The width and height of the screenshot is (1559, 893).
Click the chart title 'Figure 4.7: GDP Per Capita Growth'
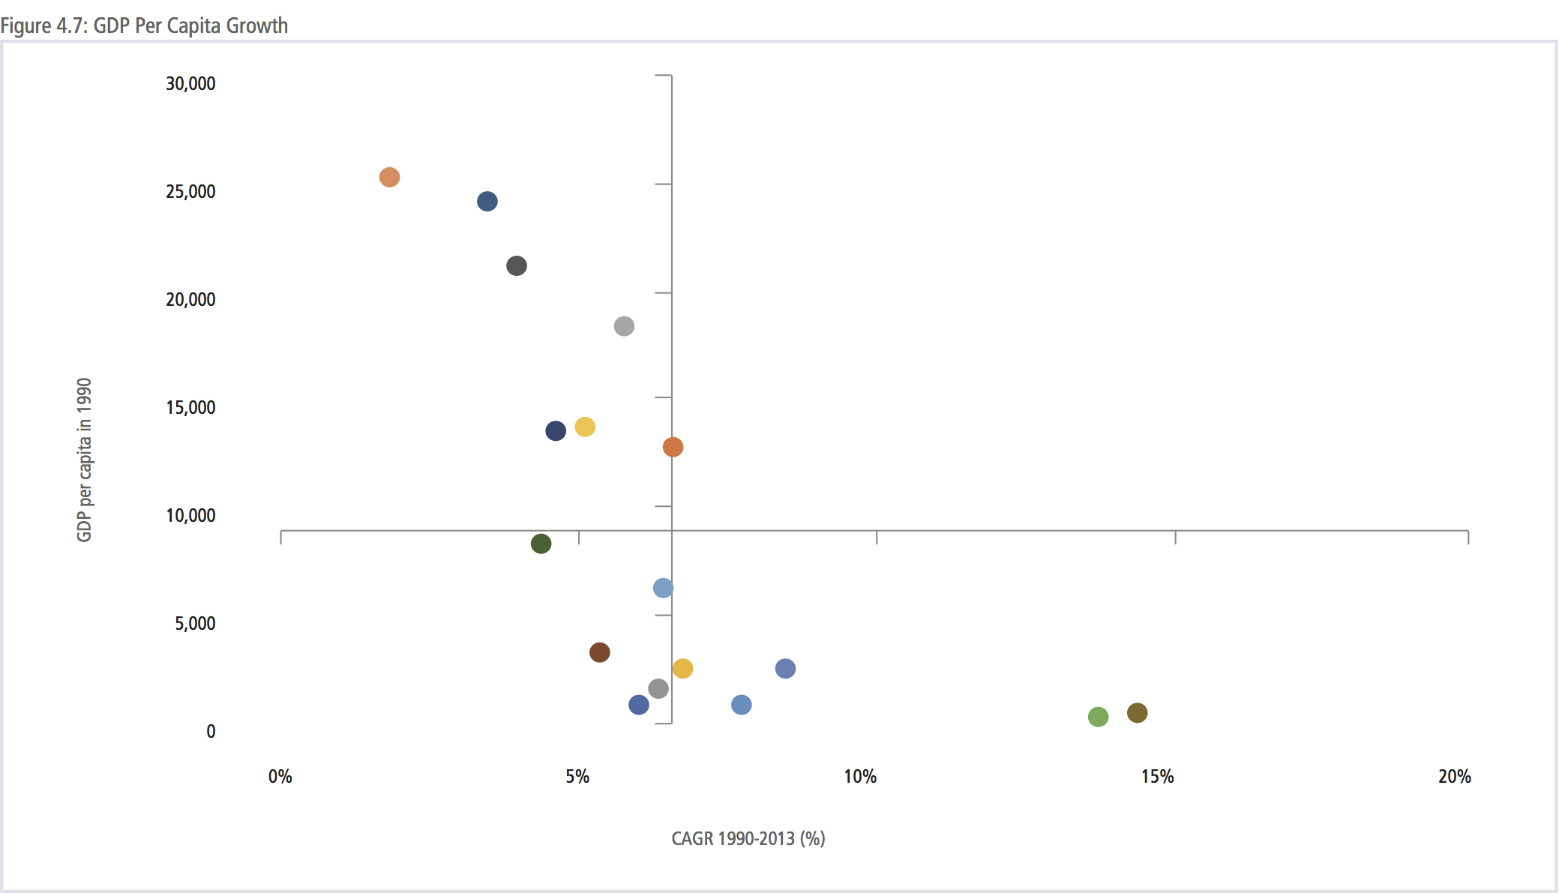(144, 25)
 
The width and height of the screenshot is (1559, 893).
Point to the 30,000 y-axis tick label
(190, 83)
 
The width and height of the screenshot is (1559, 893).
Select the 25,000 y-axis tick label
(190, 191)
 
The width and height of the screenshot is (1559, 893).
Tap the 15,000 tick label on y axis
(190, 407)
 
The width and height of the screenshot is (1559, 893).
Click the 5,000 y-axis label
(195, 623)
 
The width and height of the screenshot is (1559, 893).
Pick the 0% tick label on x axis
(280, 776)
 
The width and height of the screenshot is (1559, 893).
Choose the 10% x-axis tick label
(860, 776)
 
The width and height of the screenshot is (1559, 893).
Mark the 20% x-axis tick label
(1454, 776)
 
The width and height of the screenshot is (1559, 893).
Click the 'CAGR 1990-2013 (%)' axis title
(748, 838)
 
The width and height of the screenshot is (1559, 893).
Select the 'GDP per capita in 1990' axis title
(84, 459)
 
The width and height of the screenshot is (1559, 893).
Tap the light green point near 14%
(1098, 717)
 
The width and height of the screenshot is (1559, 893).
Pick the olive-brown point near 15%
(1137, 712)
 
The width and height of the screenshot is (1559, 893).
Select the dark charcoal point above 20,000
(516, 265)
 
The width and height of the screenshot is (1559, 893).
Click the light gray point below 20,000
(624, 326)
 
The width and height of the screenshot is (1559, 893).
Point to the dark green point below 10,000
(541, 544)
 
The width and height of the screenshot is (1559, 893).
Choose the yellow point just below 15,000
(585, 427)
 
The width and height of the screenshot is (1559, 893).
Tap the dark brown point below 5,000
(599, 652)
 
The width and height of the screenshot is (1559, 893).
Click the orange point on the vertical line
(673, 447)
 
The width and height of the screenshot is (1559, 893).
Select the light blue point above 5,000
(663, 588)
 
